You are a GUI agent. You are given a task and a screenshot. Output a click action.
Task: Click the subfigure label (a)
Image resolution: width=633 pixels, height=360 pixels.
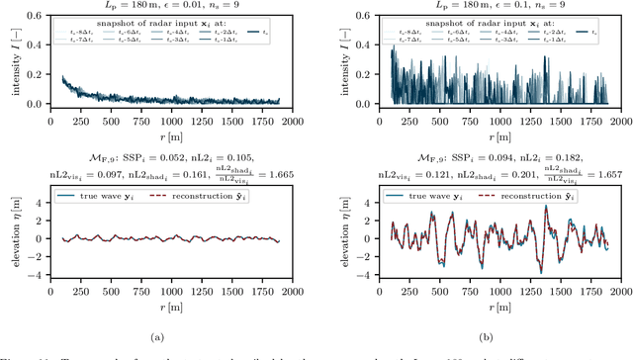[155, 337]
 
